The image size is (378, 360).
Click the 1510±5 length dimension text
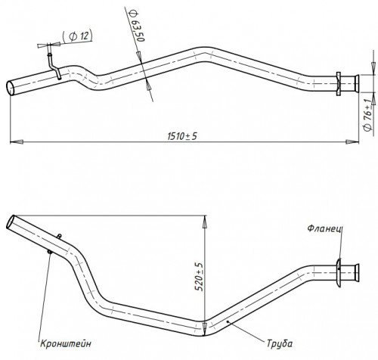(x=182, y=136)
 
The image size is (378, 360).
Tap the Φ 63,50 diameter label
(x=137, y=26)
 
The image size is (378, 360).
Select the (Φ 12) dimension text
(x=78, y=37)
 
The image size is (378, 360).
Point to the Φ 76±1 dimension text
(x=368, y=114)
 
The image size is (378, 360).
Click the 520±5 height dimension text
(x=200, y=277)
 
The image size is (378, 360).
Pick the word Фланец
(x=324, y=228)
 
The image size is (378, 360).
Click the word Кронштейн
(x=66, y=343)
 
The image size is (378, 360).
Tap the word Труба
(x=280, y=343)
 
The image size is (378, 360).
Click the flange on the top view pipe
(x=339, y=84)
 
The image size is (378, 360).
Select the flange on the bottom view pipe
(x=339, y=272)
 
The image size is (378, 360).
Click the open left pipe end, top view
(x=11, y=88)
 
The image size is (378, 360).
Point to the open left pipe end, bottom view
(x=10, y=222)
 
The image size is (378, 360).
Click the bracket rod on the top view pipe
(x=54, y=66)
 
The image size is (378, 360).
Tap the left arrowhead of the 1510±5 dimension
(x=17, y=142)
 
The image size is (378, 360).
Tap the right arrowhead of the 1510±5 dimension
(x=352, y=142)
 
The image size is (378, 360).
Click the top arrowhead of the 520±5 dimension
(x=205, y=222)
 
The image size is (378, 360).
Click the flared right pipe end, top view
(x=357, y=84)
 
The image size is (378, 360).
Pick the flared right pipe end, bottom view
(x=357, y=273)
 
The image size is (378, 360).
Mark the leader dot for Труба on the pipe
(x=228, y=321)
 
